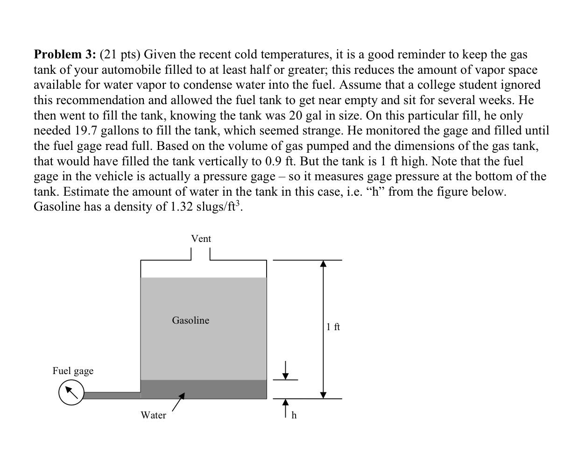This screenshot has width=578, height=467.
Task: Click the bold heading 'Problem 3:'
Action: (65, 55)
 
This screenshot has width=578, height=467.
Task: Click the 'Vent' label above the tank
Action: (201, 239)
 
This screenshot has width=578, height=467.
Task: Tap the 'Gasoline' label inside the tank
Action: (190, 320)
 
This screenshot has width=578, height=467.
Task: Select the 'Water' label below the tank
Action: (153, 415)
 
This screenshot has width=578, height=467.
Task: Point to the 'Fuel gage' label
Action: (73, 371)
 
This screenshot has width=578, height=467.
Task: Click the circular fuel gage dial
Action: (71, 392)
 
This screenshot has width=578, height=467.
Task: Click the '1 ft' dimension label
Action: (333, 327)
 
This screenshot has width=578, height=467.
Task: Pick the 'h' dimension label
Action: (294, 415)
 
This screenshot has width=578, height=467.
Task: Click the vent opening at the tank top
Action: (201, 255)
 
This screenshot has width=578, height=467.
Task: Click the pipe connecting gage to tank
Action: (112, 396)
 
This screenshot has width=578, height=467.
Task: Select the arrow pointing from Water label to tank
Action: (178, 402)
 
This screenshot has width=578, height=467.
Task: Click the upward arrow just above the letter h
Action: (286, 408)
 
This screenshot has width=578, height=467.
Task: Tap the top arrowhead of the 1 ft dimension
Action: (323, 264)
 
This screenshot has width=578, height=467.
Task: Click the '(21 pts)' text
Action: (120, 55)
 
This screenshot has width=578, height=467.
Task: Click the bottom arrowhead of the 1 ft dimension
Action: (323, 395)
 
